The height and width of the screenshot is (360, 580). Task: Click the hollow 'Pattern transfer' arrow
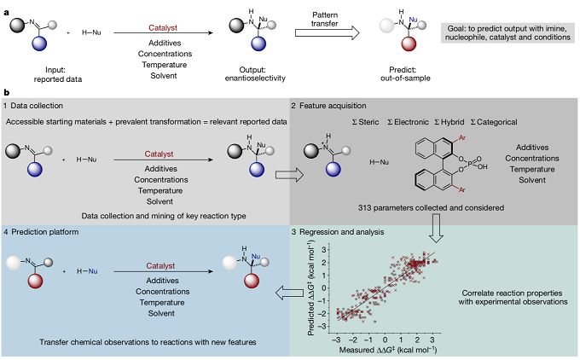coord(327,33)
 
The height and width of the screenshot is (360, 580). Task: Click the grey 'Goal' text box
coord(507,33)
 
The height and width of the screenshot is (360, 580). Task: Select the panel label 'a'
coord(6,12)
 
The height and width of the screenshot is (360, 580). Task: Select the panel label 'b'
coord(6,92)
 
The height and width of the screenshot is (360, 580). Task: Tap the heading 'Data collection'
coord(37,106)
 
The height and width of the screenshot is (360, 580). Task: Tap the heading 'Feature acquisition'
coord(333,106)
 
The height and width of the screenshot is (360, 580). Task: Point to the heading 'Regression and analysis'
coord(341,232)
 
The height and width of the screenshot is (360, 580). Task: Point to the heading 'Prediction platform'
coord(44,232)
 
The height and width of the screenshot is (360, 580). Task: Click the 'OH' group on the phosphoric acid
coord(483,167)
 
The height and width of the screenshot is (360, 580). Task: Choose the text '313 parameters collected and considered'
coord(431,208)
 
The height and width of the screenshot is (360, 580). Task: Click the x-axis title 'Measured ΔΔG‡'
coord(388,350)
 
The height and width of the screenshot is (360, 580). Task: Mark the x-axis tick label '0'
coord(385,340)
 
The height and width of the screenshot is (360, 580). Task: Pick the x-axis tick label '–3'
coord(336,340)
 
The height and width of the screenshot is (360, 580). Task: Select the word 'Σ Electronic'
coord(408,122)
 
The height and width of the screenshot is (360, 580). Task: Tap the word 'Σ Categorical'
coord(494,122)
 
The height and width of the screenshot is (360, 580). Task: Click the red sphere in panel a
coord(409,44)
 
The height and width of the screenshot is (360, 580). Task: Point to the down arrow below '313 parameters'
coord(437,228)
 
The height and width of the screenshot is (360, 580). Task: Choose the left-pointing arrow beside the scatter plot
coord(289,293)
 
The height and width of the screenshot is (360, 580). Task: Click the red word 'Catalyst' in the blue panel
coord(160,265)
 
